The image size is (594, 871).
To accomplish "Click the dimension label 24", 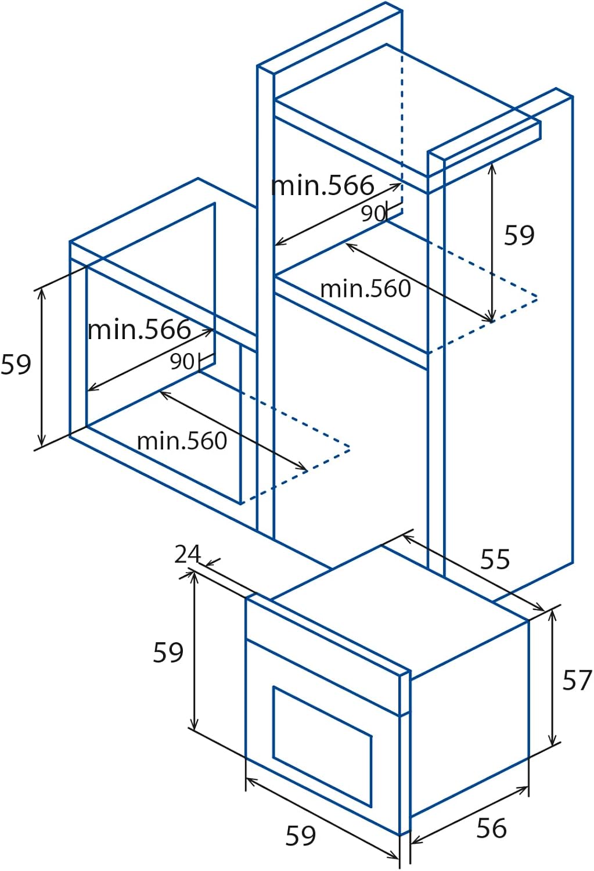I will click(x=188, y=555).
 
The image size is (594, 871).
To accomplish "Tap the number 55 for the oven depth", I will click(x=495, y=560).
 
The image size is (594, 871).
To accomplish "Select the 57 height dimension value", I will click(x=577, y=680).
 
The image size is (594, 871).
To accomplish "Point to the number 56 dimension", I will click(x=491, y=827).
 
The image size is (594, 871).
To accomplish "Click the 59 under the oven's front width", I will click(x=301, y=835).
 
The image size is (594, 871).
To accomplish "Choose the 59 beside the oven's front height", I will click(x=168, y=652).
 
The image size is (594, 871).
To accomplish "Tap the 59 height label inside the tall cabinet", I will click(x=519, y=235).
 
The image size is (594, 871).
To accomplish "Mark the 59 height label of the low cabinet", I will click(x=16, y=364).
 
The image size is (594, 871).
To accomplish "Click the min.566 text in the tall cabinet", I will click(x=323, y=186).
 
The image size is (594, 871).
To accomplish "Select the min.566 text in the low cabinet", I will click(x=139, y=330).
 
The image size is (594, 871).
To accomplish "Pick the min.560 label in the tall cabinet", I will click(x=365, y=289).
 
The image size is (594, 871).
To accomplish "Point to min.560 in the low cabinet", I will click(x=182, y=441).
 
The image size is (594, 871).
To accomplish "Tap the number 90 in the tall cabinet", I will click(x=373, y=214).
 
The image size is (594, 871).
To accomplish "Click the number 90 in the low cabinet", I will click(x=182, y=361).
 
